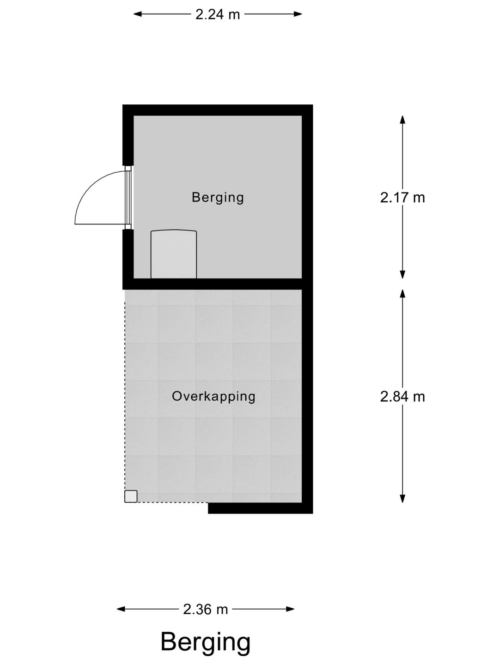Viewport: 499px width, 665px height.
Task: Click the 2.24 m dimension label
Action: [218, 14]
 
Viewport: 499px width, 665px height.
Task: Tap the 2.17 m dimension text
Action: [402, 198]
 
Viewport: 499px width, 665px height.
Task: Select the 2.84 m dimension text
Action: [402, 397]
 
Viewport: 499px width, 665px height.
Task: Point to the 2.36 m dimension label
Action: [206, 610]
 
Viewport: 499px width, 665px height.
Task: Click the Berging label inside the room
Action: [218, 198]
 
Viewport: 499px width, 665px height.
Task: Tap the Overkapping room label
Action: [213, 396]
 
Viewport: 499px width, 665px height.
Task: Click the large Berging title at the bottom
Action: [206, 642]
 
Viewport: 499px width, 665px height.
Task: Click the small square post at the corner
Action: [131, 496]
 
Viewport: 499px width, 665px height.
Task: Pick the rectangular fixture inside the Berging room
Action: [174, 254]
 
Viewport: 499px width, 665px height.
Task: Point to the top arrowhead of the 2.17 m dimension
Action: [403, 119]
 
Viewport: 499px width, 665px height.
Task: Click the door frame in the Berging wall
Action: [128, 198]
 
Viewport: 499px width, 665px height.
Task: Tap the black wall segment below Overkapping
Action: [260, 508]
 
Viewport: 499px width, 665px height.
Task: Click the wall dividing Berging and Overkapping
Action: [217, 284]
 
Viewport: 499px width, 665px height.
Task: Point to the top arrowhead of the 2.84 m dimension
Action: [403, 293]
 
